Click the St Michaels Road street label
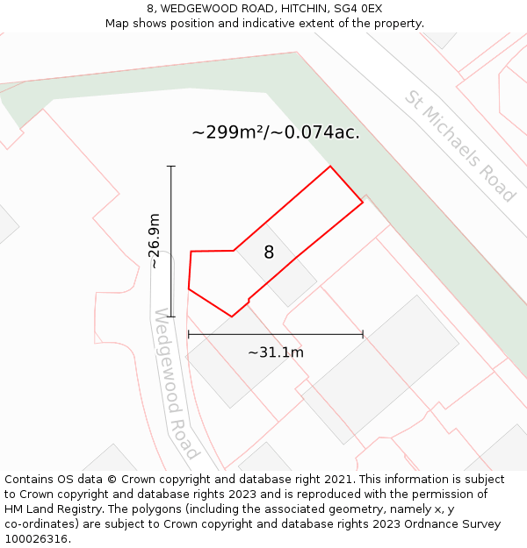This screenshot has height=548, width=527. point(458,146)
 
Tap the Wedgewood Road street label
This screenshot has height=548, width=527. point(176,383)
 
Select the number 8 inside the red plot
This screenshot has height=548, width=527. point(269,253)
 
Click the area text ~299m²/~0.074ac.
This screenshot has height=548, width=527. point(276,132)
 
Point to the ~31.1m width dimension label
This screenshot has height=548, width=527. point(275,352)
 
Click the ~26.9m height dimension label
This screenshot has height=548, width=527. point(155,240)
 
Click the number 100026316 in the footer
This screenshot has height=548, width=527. point(38,539)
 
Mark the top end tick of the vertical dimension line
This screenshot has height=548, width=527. point(171,166)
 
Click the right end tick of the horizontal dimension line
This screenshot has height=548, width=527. point(363,334)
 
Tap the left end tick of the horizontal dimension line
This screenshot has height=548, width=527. point(189,334)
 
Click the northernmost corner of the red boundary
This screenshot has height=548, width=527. point(330,167)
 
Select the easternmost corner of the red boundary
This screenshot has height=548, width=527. point(363,204)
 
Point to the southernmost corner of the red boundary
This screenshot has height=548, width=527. point(231,317)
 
